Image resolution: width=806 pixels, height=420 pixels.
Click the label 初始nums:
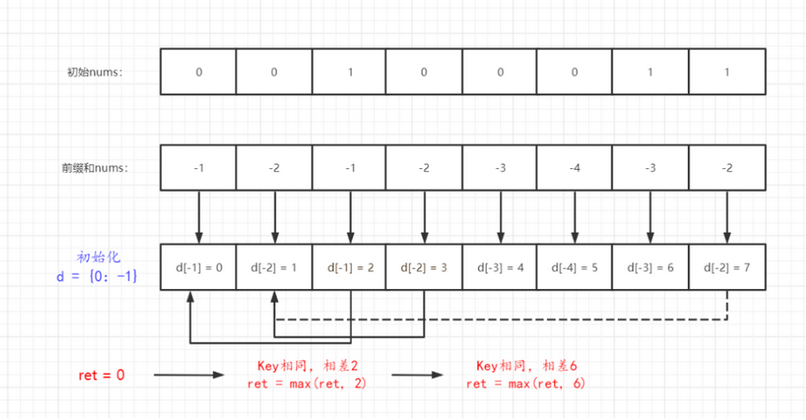point(95,72)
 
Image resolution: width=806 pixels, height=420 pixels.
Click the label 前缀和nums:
point(95,168)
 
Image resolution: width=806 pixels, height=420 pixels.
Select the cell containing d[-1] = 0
point(198,267)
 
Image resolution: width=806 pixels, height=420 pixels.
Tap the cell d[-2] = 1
point(274,267)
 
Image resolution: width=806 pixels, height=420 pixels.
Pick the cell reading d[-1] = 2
point(349,267)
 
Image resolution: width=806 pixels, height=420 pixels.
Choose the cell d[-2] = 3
point(424,267)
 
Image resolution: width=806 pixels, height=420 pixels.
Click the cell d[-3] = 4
point(500,267)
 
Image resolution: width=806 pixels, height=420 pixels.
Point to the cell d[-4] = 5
point(574,267)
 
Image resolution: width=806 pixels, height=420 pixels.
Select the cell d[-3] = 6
point(651,267)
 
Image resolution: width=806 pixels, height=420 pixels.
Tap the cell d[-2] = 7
point(727,267)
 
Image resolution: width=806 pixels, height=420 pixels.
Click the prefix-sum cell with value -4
point(574,168)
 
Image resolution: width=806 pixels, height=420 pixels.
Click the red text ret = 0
point(101,375)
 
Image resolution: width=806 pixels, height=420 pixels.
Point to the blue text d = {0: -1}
point(96,276)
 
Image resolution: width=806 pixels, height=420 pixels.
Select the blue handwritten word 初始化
point(98,257)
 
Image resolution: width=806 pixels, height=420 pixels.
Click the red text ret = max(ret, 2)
point(307,384)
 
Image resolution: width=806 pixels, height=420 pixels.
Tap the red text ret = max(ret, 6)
point(526,384)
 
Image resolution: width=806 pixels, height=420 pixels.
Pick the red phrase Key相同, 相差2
point(307,366)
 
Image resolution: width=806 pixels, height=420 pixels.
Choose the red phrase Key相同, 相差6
point(527,366)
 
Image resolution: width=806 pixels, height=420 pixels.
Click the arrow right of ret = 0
point(189,375)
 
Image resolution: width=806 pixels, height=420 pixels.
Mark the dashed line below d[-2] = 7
point(502,320)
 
